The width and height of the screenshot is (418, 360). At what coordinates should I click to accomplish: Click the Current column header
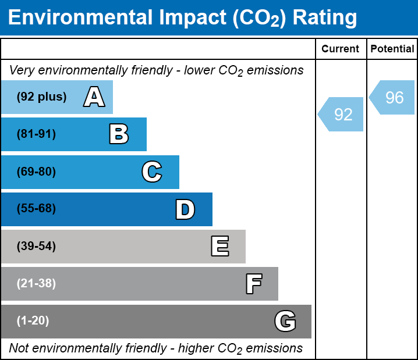pos(341,49)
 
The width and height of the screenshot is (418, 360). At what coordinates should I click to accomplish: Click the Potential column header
pos(392,49)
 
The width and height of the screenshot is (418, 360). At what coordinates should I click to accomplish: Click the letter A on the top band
pos(94,97)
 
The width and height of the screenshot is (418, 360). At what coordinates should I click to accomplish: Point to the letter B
pos(119,134)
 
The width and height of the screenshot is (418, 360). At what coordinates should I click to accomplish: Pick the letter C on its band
pos(151,172)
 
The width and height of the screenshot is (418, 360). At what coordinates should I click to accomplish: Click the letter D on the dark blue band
pos(185,209)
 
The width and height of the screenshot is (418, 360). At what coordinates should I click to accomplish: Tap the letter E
pos(219,247)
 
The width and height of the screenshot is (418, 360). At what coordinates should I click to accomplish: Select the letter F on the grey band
pos(253,284)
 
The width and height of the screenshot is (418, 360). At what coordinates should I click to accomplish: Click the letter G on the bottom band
pos(285,321)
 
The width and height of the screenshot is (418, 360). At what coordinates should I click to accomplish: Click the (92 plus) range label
pos(41,97)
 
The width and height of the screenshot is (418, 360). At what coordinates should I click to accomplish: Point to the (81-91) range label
pos(36,134)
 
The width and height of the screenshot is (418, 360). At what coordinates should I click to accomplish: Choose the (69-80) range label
pos(36,172)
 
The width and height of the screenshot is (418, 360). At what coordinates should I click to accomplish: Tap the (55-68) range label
pos(36,209)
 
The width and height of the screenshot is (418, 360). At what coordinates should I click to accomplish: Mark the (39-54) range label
pos(36,247)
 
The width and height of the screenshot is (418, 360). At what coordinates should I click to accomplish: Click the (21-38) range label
pos(36,284)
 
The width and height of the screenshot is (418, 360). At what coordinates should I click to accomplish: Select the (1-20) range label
pos(33,321)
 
